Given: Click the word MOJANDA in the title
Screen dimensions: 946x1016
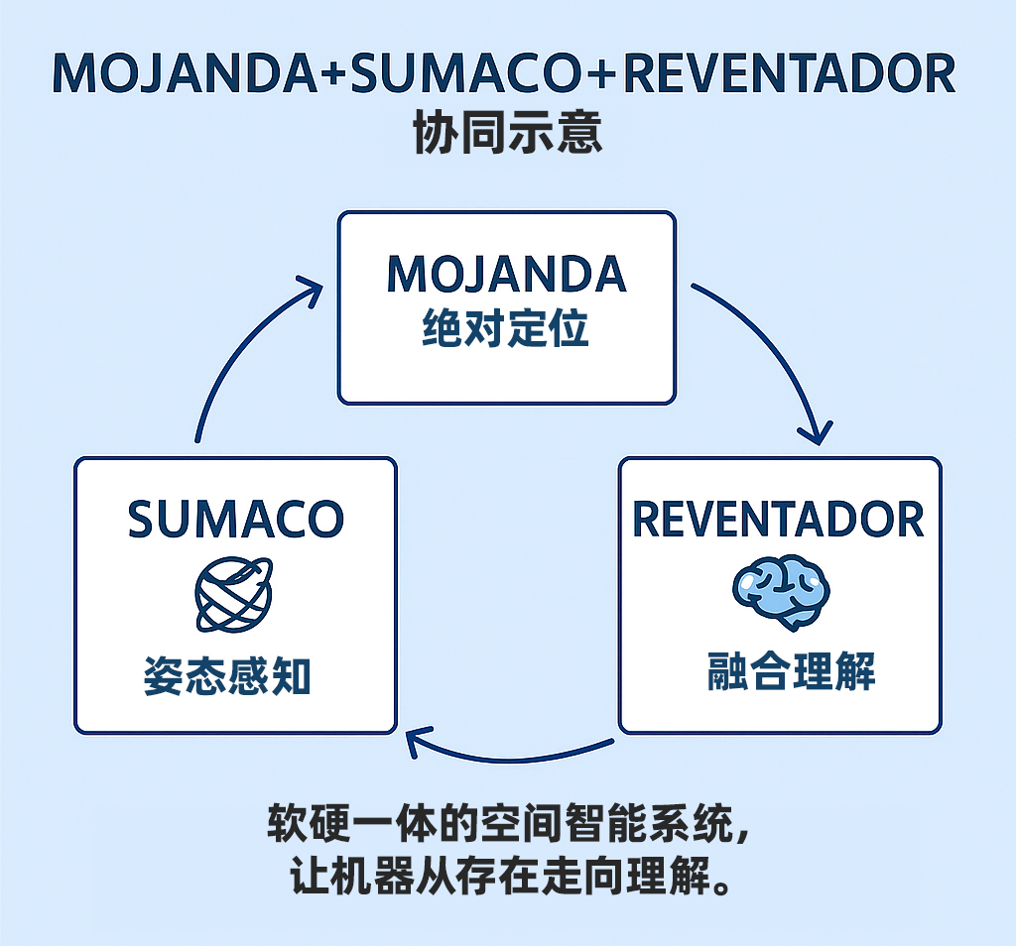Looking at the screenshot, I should coord(189,75).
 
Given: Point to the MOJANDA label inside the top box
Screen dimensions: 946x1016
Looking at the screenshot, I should coord(506,275).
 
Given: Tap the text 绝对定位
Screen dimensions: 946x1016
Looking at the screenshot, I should coord(506,328).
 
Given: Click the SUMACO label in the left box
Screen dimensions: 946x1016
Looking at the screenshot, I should coord(236,519).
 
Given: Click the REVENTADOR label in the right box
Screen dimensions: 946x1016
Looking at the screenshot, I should coord(779,519).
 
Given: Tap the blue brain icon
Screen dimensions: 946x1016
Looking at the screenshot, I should coord(781,593).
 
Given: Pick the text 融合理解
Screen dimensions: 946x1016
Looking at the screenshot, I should coord(778,672).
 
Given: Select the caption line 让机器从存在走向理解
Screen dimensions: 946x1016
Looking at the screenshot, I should coord(501,877).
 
